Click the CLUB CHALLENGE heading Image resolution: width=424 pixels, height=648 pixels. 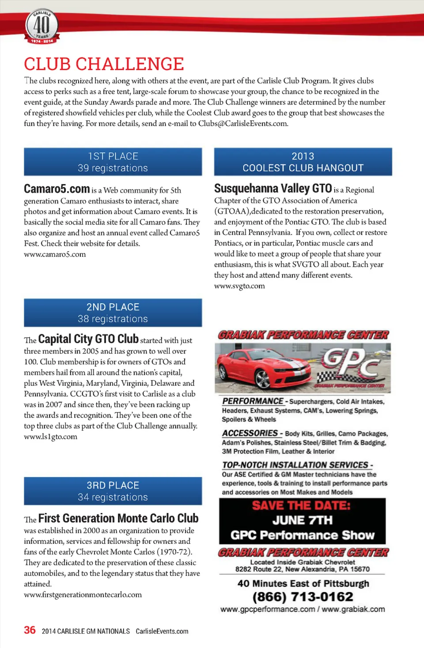[104, 64]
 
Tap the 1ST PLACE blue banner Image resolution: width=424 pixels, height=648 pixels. [113, 162]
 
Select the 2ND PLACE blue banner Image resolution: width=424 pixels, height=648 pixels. [113, 313]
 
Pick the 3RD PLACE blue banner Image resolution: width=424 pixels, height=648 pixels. [113, 491]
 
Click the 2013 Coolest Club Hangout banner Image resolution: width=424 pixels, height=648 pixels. [303, 162]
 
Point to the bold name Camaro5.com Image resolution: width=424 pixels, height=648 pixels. [57, 189]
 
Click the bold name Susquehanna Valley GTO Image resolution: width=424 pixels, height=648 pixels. [273, 188]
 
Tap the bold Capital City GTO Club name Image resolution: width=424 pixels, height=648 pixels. [88, 339]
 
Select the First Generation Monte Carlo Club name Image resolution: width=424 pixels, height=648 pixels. [118, 518]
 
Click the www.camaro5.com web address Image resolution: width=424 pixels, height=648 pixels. [55, 254]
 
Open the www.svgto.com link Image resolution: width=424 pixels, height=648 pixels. [239, 286]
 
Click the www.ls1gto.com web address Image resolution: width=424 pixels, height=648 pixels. [50, 437]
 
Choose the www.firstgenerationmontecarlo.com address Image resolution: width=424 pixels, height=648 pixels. [83, 595]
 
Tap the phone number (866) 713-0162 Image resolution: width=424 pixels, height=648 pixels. [303, 597]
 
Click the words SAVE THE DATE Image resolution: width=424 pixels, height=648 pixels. [301, 505]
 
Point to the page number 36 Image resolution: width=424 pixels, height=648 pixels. [30, 630]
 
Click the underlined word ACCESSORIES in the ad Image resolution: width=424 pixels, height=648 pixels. [250, 433]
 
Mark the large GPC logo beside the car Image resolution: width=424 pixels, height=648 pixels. [351, 362]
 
